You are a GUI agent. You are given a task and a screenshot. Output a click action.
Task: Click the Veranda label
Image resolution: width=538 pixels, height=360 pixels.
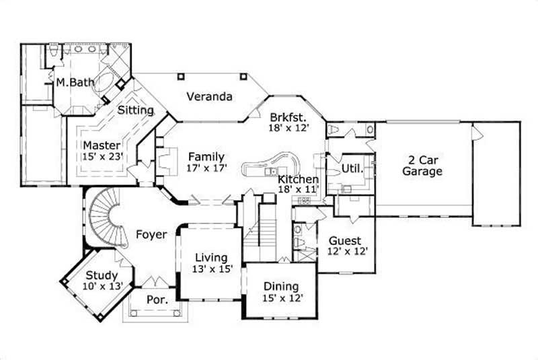[x=209, y=96]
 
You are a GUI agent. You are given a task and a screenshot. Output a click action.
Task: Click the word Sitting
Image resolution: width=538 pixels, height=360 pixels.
[x=135, y=110]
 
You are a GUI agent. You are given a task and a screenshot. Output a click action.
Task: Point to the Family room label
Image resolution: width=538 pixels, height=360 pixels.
[x=206, y=157]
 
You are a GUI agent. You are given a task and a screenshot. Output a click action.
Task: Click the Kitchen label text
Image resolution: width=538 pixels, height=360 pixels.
[x=298, y=180]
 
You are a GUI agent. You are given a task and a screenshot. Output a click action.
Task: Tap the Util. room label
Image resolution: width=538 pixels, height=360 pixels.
[x=352, y=169]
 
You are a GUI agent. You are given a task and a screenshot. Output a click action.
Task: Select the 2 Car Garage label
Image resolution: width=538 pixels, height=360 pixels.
[x=422, y=166]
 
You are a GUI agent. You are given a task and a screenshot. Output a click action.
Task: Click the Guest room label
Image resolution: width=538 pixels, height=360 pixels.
[x=345, y=240]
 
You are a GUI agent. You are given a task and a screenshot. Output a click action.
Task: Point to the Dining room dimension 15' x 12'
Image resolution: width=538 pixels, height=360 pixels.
[x=282, y=297]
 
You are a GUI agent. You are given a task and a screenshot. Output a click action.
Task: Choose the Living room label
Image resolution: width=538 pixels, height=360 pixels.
[x=211, y=258]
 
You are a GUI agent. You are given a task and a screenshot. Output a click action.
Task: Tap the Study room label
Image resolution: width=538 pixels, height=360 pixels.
[x=102, y=275]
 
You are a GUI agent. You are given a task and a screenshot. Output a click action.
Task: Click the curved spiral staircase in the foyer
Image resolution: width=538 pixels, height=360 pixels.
[x=104, y=215]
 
